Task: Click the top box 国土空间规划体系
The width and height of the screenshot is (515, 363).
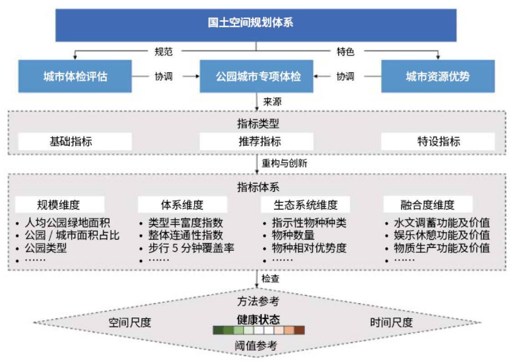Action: [x=256, y=26]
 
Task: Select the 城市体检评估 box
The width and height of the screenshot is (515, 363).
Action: [x=75, y=76]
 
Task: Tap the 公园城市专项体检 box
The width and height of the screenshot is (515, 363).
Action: [x=256, y=76]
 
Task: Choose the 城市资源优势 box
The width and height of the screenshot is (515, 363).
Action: [x=438, y=76]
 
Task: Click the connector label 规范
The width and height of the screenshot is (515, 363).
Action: [x=163, y=51]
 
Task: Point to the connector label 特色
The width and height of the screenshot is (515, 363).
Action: [x=346, y=51]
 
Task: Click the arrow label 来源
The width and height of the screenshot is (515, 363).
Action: [x=272, y=102]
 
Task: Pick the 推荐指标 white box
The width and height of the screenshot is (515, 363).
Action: [x=256, y=142]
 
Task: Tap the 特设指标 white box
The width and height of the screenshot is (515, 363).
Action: [x=438, y=142]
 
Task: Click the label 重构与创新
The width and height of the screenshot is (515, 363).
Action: [x=285, y=163]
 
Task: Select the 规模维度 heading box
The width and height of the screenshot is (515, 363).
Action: [x=60, y=205]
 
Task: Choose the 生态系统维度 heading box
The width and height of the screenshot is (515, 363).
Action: [x=305, y=205]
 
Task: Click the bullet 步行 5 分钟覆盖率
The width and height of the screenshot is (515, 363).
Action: [x=191, y=248]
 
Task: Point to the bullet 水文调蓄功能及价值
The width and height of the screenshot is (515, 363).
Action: [x=442, y=223]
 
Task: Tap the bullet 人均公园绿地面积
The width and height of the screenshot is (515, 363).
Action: [x=67, y=223]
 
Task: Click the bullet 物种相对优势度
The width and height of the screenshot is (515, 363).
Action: [x=309, y=248]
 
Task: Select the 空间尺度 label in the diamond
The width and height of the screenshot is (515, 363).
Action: [x=130, y=322]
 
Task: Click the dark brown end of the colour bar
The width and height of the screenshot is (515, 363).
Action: [x=299, y=330]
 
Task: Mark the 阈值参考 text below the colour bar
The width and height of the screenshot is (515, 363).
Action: [x=256, y=346]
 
